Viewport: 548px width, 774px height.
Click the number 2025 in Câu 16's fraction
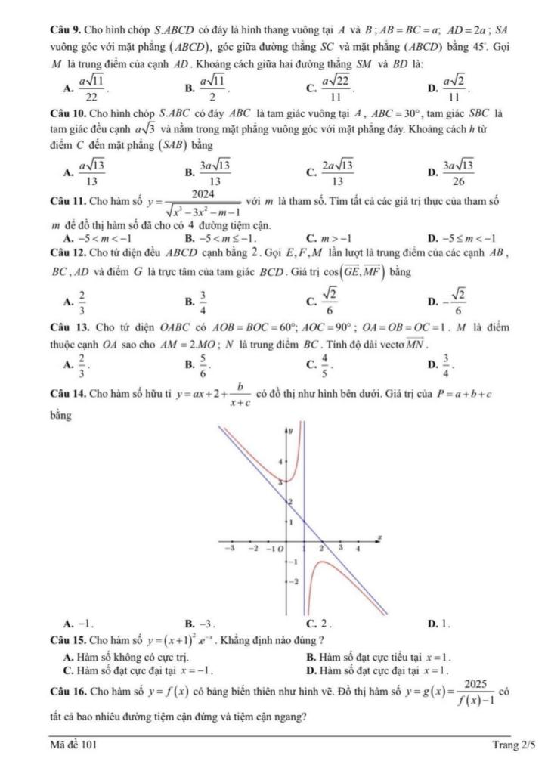[x=477, y=683]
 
